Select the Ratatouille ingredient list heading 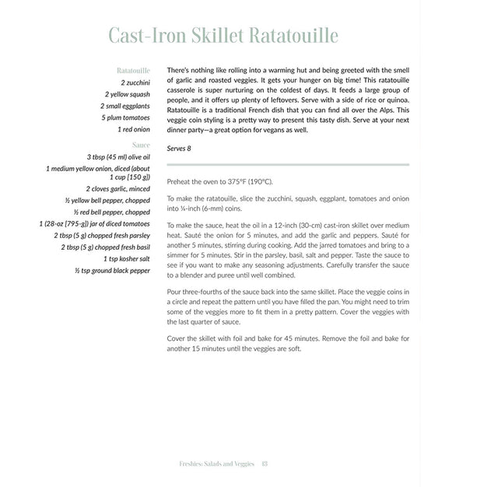coord(132,69)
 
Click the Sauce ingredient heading coord(142,144)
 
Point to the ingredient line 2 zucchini coord(135,82)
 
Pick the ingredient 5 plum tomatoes coord(125,118)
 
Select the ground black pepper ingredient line coord(113,271)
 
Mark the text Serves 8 coord(180,147)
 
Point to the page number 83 coord(265,465)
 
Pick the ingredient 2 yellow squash coord(128,94)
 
